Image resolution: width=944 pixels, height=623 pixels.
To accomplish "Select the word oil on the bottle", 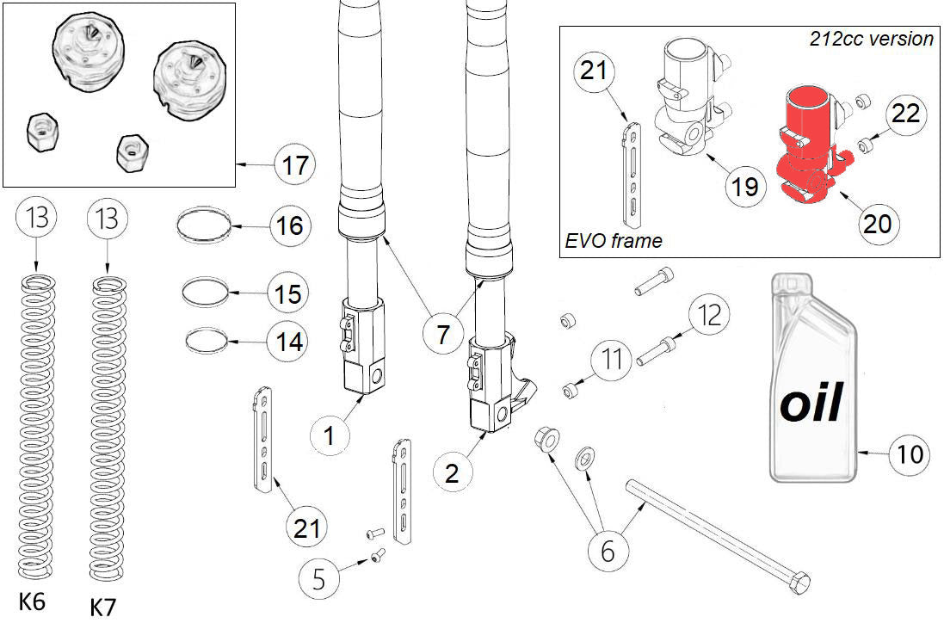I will (810, 404).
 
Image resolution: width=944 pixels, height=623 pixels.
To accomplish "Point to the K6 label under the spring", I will (32, 601).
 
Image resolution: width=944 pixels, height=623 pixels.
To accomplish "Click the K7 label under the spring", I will (102, 607).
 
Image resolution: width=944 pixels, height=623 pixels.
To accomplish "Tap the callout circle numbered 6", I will (608, 551).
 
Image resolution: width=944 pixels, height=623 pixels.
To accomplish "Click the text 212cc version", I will (871, 39).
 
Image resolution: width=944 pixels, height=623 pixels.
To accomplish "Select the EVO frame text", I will (614, 240).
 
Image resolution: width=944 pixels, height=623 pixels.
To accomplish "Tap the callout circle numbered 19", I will (743, 185).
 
